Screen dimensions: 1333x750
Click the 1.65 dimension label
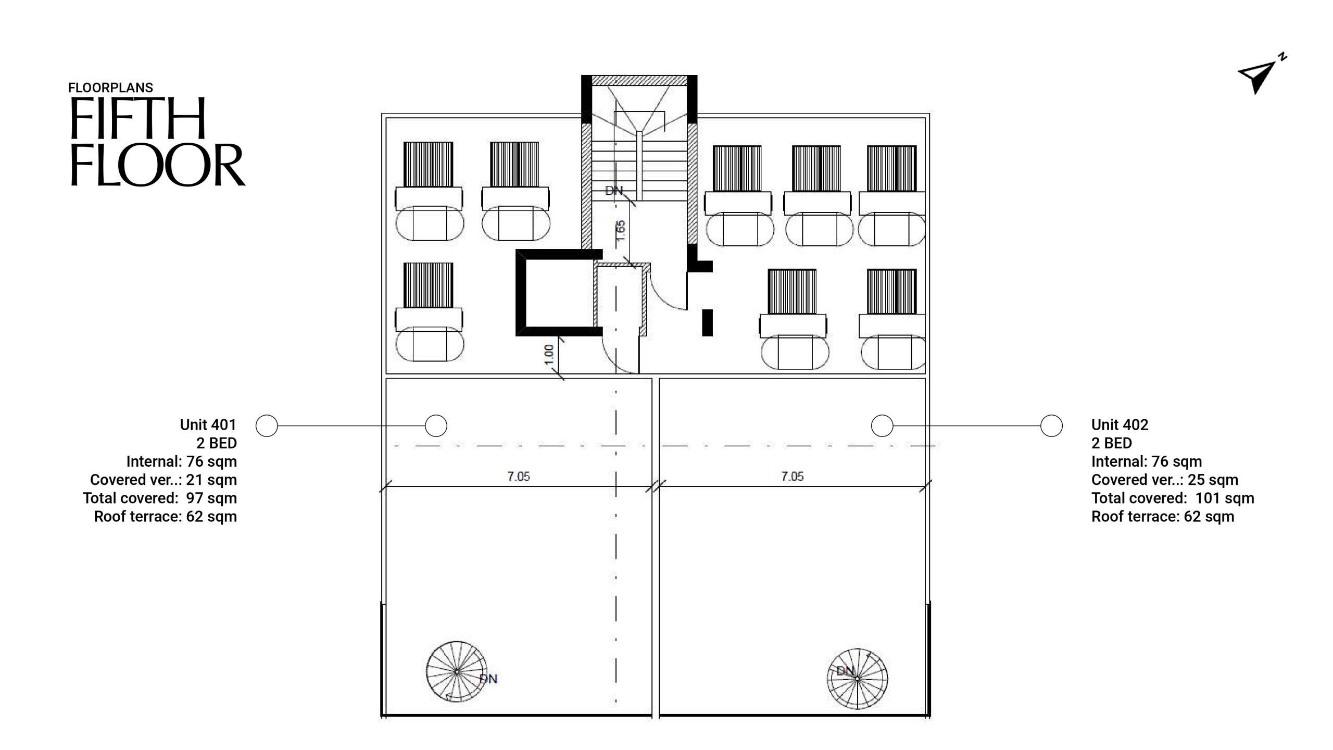[620, 231]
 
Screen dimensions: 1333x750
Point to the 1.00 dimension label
[549, 355]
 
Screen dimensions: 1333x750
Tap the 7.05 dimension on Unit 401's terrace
[519, 476]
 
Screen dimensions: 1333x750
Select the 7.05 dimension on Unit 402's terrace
[792, 476]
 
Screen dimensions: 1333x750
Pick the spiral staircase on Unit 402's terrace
[857, 679]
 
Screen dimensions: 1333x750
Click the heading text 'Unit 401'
[208, 425]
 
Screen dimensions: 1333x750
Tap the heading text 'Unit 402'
[1120, 425]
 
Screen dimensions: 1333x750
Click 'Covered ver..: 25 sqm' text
[1165, 480]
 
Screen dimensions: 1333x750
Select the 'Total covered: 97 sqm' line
[160, 498]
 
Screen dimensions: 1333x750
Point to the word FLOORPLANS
[110, 87]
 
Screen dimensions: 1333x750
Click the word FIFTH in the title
[137, 118]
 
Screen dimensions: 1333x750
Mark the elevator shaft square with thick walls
[559, 293]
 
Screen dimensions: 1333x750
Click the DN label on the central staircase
[614, 191]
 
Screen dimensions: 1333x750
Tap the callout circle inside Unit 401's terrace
[436, 426]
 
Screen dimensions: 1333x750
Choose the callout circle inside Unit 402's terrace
[882, 426]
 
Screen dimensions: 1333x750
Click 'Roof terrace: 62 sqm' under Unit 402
[1163, 517]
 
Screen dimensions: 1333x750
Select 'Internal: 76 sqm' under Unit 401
[182, 461]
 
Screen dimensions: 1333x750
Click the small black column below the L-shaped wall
[707, 322]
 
